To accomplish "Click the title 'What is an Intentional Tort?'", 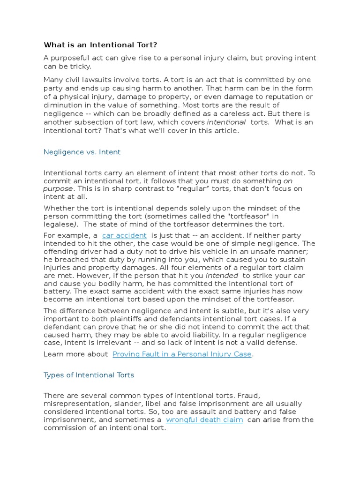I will pos(101,45).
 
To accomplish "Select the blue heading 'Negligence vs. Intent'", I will pos(82,152).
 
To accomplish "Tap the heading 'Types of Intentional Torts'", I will pos(89,375).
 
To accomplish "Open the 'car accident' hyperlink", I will pos(124,235).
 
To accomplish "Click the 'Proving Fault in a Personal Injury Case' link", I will pos(182,354).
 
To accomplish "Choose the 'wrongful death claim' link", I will pos(204,420).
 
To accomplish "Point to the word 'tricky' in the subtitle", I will pos(79,67).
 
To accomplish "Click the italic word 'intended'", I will pos(223,276).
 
